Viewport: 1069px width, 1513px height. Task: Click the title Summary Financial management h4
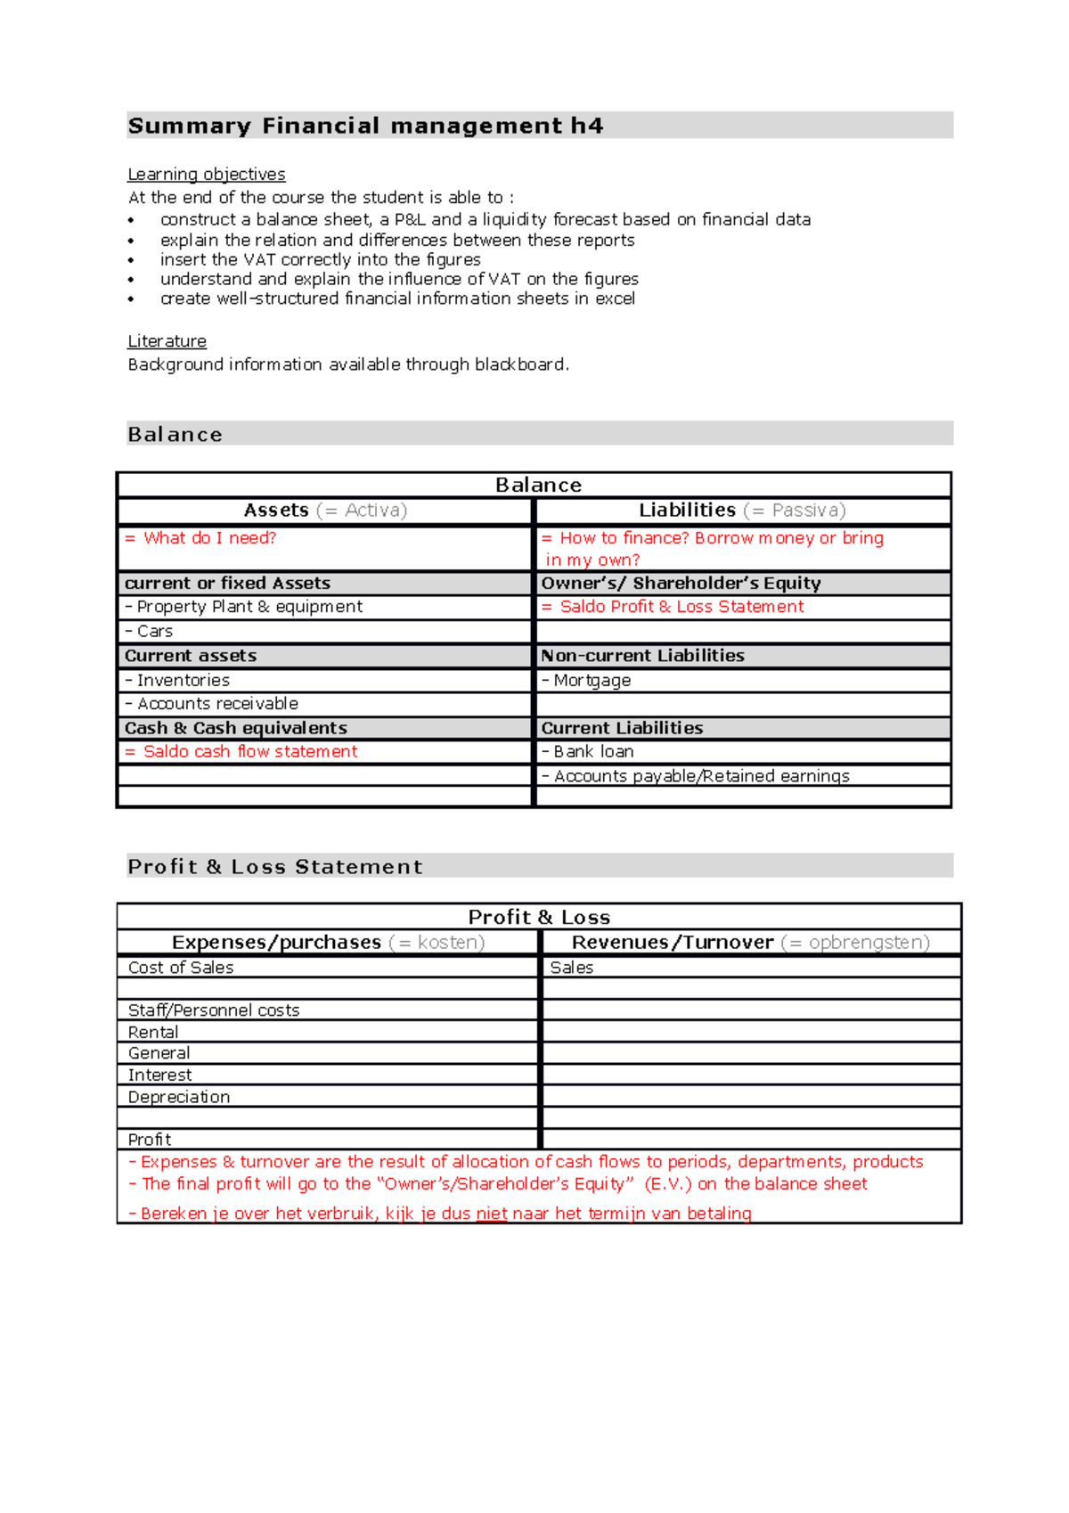point(365,126)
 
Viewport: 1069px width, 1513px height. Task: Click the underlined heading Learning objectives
point(206,175)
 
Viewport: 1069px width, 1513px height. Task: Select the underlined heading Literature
point(167,341)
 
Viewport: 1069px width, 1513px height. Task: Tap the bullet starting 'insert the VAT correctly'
point(320,259)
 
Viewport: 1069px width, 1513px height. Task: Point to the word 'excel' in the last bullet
point(615,299)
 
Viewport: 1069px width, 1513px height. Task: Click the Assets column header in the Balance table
point(325,511)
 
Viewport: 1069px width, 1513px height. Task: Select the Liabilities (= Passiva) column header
point(741,511)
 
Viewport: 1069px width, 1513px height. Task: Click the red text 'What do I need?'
point(209,538)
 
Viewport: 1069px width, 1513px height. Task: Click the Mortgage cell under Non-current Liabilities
point(592,681)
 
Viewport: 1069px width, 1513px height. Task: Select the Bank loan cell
point(592,752)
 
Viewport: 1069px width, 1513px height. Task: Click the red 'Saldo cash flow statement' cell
point(249,752)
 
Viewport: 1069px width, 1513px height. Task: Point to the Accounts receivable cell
point(217,704)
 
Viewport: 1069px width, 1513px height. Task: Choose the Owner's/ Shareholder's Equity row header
point(681,584)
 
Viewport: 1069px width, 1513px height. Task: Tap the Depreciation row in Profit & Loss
point(178,1097)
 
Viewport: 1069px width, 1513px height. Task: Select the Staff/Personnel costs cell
point(213,1010)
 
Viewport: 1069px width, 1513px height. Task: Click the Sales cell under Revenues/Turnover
point(571,968)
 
